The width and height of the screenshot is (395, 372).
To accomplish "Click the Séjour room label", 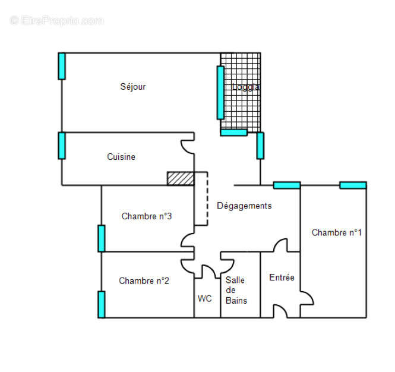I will click(133, 87).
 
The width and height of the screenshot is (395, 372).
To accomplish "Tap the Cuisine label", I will click(121, 157).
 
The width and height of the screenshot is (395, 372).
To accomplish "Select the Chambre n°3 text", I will click(147, 216).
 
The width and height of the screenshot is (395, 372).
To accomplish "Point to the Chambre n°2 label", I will click(144, 281).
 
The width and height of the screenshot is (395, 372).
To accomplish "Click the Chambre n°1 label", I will click(337, 233).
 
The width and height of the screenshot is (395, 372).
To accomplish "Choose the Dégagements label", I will click(244, 206).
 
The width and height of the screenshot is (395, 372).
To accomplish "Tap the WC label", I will click(205, 298).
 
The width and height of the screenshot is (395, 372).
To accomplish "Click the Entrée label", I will click(282, 278).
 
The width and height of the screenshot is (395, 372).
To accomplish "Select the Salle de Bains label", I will click(236, 290).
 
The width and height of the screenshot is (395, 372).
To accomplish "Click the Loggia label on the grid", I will click(245, 87).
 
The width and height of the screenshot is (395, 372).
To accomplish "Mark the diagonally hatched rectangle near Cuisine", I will click(180, 178).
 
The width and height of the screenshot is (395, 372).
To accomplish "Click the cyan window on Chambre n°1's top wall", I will click(353, 185).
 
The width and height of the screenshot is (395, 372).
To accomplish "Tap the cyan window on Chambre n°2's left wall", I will click(102, 304).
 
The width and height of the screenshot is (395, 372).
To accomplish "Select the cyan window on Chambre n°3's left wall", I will click(102, 238).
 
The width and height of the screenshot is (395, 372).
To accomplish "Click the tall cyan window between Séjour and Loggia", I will click(220, 93).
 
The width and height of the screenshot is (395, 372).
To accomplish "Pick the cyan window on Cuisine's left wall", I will click(62, 146).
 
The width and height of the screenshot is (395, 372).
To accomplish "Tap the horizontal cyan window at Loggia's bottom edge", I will click(233, 133).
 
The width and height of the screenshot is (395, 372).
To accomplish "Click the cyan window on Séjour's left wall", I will click(62, 66).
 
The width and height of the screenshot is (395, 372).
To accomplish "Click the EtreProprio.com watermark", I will click(56, 20).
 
